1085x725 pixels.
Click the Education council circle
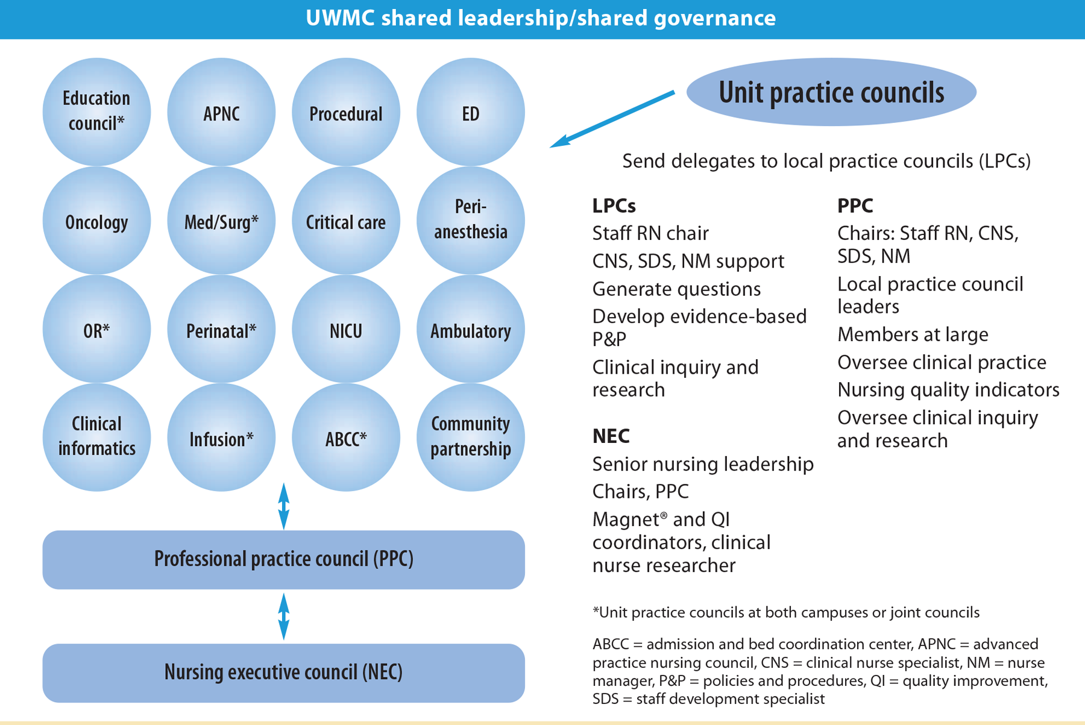coord(96,112)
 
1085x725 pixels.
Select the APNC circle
coord(221,112)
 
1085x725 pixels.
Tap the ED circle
coord(471,112)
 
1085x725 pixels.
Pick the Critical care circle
coord(346,221)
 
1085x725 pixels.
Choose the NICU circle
coord(346,329)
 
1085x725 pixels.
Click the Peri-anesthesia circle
coord(471,221)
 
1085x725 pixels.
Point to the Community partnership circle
coord(471,438)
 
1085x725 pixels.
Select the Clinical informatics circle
coord(96,438)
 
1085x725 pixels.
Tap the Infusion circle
coord(221,438)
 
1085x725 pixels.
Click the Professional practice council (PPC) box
coord(284,560)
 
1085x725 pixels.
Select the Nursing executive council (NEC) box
coord(284,673)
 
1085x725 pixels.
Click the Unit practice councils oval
coord(831,92)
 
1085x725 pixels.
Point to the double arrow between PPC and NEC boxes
coord(284,617)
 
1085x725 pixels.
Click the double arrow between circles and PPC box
coord(284,506)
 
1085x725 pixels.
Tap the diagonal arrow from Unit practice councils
coord(612,119)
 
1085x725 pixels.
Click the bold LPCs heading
coord(614,206)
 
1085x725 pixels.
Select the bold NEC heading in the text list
coord(611,436)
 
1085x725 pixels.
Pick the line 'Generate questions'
coord(676,289)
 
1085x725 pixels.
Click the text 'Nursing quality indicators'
coord(948,390)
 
